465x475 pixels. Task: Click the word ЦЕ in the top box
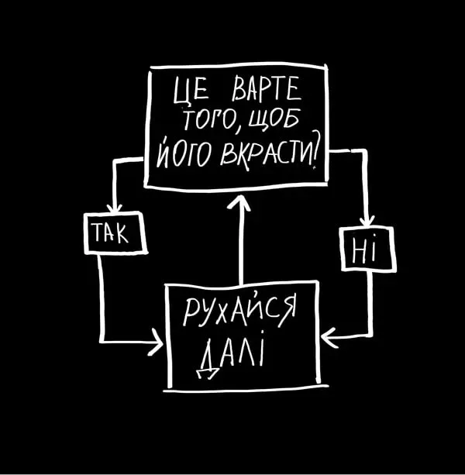(x=186, y=99)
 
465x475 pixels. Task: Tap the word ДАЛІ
(x=231, y=358)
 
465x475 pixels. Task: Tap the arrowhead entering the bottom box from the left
(x=157, y=342)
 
